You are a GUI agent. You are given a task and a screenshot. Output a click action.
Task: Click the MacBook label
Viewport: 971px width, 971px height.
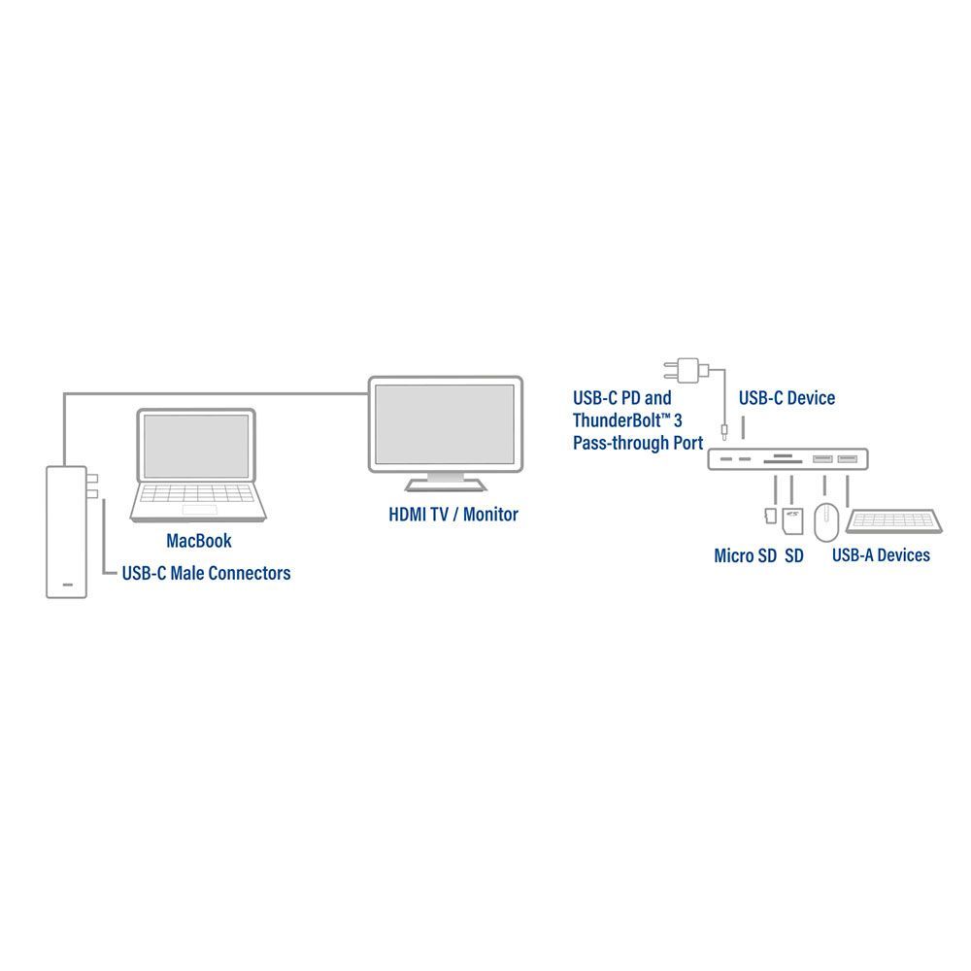[x=199, y=541]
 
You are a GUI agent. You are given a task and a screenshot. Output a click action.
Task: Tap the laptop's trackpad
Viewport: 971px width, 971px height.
[x=199, y=510]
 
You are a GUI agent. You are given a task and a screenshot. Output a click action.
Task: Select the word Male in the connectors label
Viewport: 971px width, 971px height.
[x=189, y=574]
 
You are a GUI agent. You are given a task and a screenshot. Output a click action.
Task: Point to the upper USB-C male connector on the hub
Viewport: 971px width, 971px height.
[x=92, y=478]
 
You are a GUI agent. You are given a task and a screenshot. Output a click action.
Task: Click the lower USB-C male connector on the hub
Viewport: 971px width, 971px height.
[x=92, y=493]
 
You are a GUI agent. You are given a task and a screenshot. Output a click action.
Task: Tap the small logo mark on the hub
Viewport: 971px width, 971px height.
[x=68, y=585]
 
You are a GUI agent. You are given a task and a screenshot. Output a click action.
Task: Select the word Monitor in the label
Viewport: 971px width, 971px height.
[x=490, y=515]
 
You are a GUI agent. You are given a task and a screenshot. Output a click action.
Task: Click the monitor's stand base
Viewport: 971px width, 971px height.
[x=446, y=484]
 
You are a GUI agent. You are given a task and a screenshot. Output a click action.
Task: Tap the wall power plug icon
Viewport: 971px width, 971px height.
[x=686, y=370]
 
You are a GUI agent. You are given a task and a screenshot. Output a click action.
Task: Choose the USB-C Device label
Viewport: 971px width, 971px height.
[x=787, y=398]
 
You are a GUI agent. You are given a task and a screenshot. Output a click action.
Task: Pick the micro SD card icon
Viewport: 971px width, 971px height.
[x=771, y=516]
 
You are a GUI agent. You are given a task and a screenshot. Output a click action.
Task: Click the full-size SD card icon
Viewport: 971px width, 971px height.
[x=792, y=521]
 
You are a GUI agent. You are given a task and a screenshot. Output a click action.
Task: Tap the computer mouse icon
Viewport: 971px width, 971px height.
[x=826, y=522]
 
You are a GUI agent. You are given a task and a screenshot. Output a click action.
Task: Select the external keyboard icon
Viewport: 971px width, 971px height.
[x=893, y=520]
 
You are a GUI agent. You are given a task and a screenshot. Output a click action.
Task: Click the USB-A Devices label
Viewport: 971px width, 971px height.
[x=881, y=555]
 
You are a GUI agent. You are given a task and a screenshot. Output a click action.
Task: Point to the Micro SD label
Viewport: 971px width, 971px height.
[x=745, y=556]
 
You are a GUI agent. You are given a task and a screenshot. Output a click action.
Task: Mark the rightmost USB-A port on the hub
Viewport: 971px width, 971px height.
[x=847, y=459]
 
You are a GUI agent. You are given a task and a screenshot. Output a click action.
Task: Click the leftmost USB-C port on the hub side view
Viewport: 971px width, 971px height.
[x=726, y=459]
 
